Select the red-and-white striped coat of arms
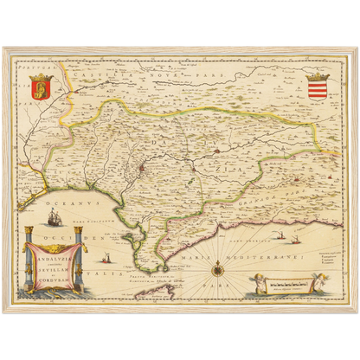click(x=318, y=87)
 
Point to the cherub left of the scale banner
click(x=254, y=283)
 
